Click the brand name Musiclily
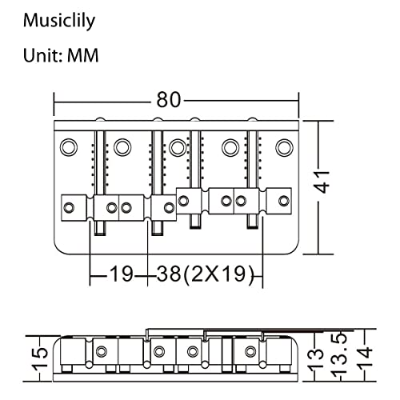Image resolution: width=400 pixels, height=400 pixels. [x=59, y=21]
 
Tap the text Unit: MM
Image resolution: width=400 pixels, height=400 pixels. [x=61, y=55]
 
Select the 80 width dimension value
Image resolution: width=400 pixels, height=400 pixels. [x=169, y=100]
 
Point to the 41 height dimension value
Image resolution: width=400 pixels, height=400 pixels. [x=322, y=182]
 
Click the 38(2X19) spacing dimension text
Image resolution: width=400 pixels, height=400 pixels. [x=205, y=274]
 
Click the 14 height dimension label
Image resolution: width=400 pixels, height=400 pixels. [x=365, y=358]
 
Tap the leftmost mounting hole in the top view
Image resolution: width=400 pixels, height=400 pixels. [x=69, y=147]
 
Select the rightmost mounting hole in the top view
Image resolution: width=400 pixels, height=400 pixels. [x=284, y=147]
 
